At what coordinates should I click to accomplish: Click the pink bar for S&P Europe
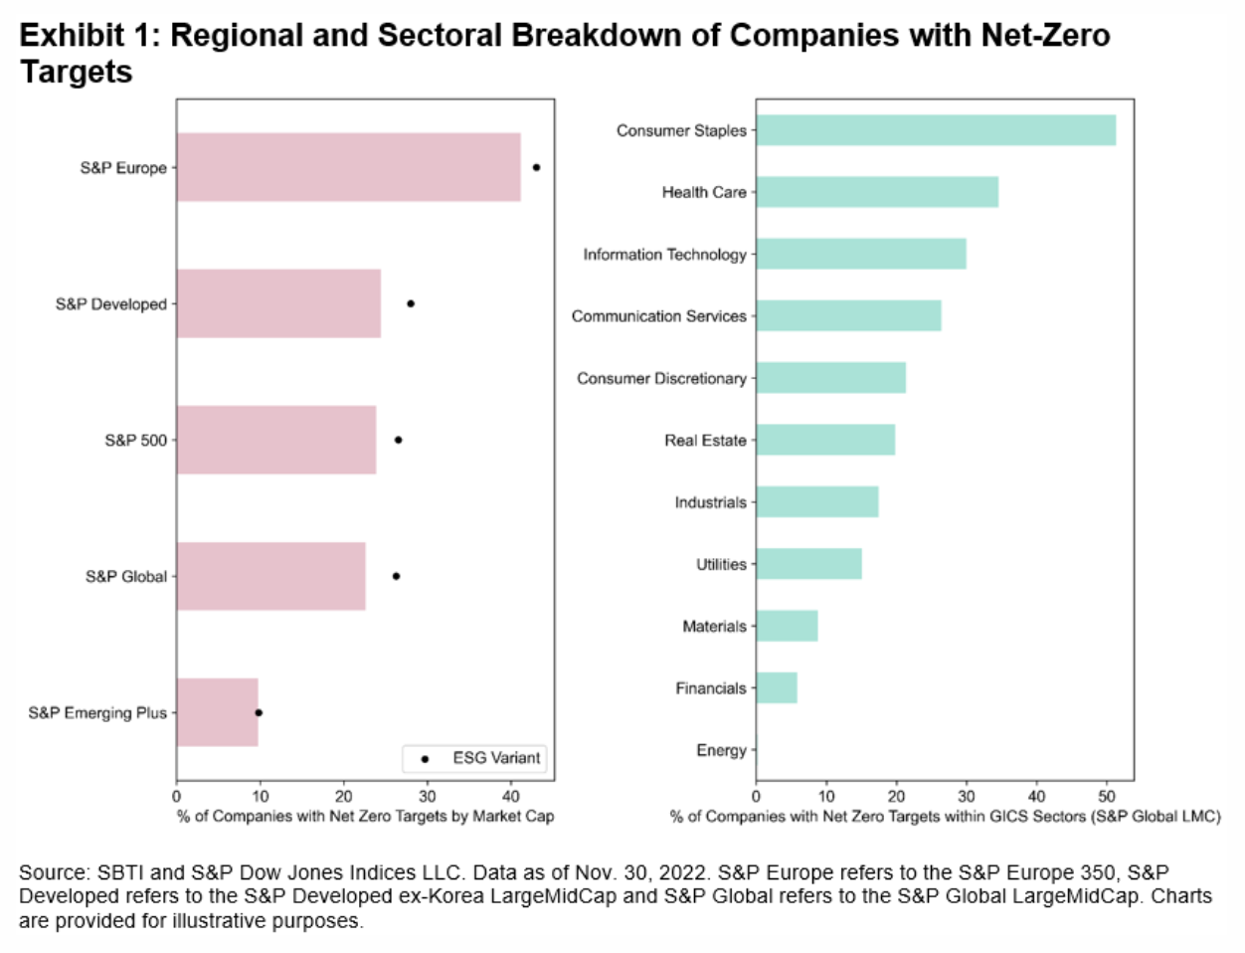pos(348,167)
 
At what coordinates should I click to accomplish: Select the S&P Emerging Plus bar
pos(218,712)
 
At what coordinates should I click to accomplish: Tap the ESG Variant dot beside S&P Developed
pos(411,303)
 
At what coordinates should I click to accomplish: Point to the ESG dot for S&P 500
pos(398,440)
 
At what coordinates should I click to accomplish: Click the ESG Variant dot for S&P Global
pos(396,576)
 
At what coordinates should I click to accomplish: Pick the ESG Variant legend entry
pos(475,758)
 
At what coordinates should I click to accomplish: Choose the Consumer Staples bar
pos(935,130)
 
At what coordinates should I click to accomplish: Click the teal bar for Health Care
pos(876,192)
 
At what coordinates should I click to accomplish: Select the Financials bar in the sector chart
pos(777,687)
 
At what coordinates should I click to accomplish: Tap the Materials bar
pos(787,626)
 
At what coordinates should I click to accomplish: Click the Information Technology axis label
pos(664,255)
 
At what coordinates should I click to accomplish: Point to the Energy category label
pos(721,750)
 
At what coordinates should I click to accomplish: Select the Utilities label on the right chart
pos(721,564)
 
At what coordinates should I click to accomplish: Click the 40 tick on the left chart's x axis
pos(510,796)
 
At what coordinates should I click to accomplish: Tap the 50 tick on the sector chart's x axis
pos(1107,796)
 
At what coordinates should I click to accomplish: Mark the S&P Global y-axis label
pos(126,576)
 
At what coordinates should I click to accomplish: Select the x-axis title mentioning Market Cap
pos(365,817)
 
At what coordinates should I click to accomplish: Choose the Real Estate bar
pos(825,440)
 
